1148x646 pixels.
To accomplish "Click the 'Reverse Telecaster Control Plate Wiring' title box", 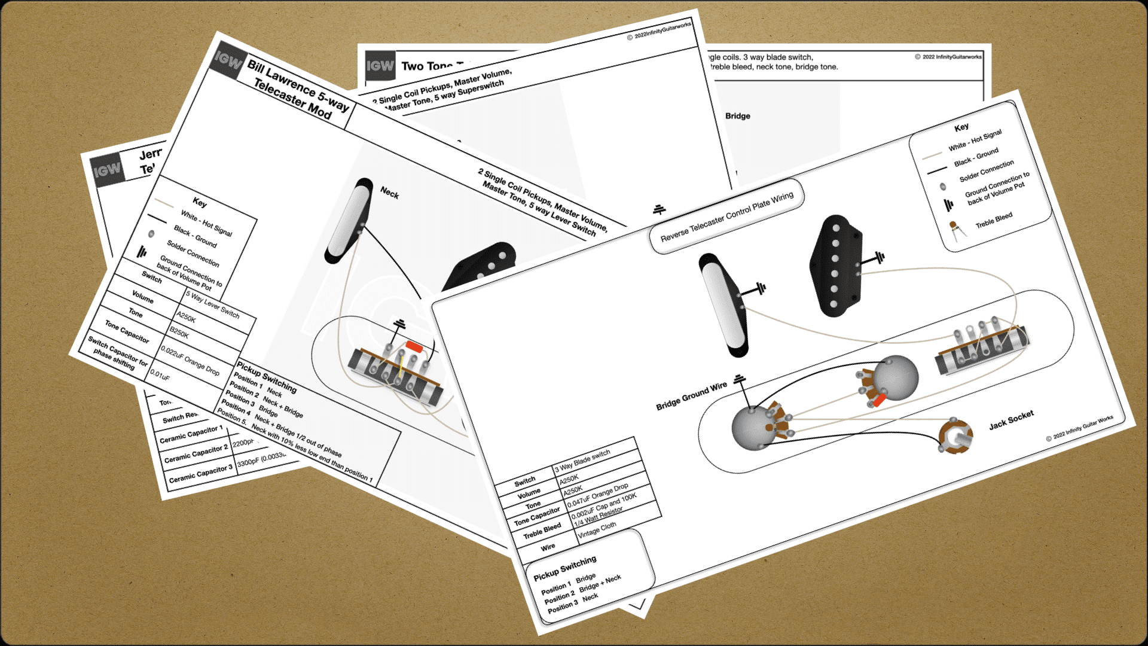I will point(726,217).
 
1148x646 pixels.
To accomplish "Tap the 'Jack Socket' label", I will point(1010,420).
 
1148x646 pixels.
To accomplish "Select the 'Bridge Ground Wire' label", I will point(691,396).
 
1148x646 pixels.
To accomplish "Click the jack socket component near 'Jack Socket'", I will point(955,437).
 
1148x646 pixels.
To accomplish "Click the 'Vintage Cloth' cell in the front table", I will point(597,529).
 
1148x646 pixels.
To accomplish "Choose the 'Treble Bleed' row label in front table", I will point(542,531).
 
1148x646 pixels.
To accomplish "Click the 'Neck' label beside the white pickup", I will point(389,193).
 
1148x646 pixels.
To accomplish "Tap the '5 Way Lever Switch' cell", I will point(212,304).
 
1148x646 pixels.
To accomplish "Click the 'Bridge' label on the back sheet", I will point(737,116).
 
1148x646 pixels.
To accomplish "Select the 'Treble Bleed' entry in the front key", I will point(994,220).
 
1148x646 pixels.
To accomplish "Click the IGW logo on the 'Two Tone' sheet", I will point(380,66).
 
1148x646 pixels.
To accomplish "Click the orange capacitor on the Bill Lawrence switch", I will point(413,346).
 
